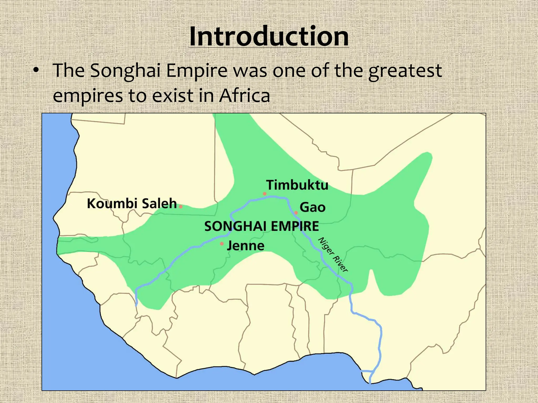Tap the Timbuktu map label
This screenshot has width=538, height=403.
[x=297, y=185]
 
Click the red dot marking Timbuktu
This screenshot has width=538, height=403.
[x=265, y=194]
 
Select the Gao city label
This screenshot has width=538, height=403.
[x=312, y=207]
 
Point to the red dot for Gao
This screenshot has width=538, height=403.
[x=296, y=213]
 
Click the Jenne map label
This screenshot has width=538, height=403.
[x=245, y=246]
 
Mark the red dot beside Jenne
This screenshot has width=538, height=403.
[x=222, y=244]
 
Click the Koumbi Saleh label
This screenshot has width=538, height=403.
[x=132, y=204]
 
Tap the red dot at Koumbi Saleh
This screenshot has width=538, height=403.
[x=181, y=207]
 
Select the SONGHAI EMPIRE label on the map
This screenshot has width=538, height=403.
[x=262, y=226]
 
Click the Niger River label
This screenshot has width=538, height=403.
[x=333, y=254]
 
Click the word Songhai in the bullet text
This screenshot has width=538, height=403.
[x=125, y=71]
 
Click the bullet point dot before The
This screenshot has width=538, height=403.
[x=36, y=70]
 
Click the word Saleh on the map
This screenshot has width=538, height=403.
[x=159, y=204]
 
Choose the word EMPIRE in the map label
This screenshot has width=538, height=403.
[x=295, y=226]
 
